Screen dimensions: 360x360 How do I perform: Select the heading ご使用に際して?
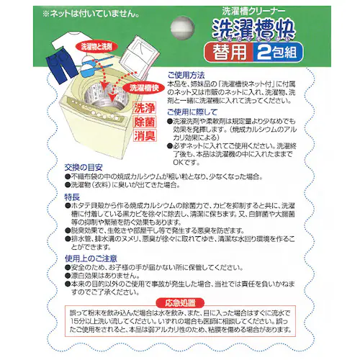point(191,113)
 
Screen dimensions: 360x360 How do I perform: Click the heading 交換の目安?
point(81,166)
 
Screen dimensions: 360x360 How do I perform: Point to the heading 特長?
point(71,194)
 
